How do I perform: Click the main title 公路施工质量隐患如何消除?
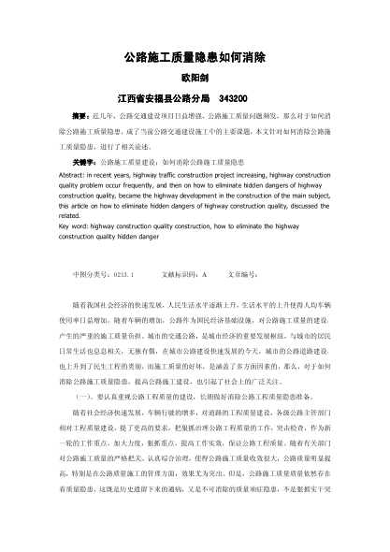click(x=195, y=57)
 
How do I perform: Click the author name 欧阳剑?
click(x=195, y=77)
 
